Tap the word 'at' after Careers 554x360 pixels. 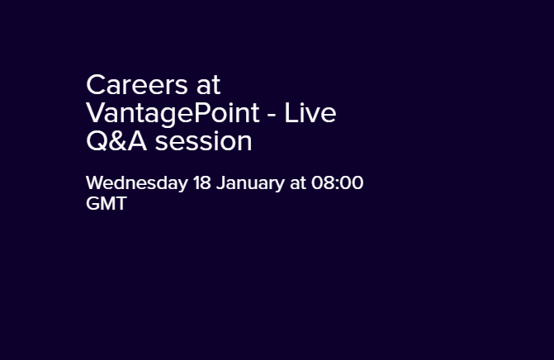point(210,85)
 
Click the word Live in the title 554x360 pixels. point(311,113)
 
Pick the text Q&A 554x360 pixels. point(117,141)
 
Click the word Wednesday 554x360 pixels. point(136,183)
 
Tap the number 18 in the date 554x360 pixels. point(202,183)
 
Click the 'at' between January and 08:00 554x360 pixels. point(298,183)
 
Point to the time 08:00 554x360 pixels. point(337,183)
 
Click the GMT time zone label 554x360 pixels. point(107,204)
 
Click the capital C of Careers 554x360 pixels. point(95,85)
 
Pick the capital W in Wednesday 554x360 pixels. point(96,183)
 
